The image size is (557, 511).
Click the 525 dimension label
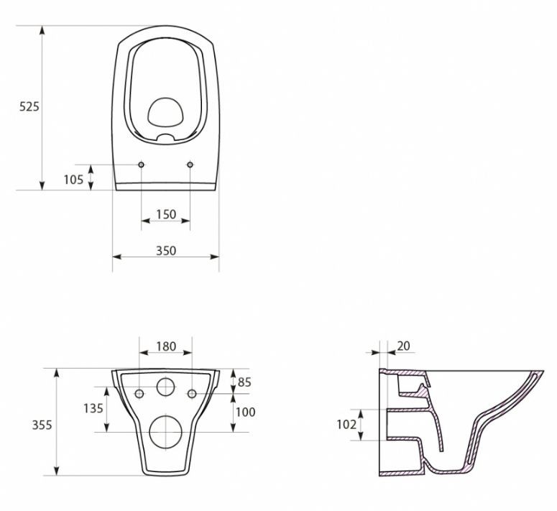[29, 106]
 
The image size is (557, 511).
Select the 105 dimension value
[73, 180]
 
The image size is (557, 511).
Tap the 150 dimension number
[166, 214]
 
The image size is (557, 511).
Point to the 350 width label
[166, 251]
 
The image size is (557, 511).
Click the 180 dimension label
[166, 346]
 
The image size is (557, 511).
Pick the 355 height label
[42, 425]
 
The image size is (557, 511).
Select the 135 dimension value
[93, 408]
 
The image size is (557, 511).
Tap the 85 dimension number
[244, 382]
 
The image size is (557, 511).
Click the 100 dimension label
[246, 412]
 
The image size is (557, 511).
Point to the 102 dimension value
[346, 424]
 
